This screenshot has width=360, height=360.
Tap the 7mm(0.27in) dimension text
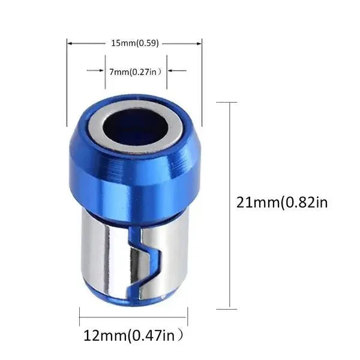[x=135, y=71]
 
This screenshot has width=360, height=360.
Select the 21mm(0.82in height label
[x=283, y=202]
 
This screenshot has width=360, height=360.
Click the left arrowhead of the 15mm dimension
[x=68, y=43]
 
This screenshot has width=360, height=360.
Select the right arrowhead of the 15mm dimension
[x=200, y=43]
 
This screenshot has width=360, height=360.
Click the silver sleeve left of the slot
[x=102, y=252]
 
